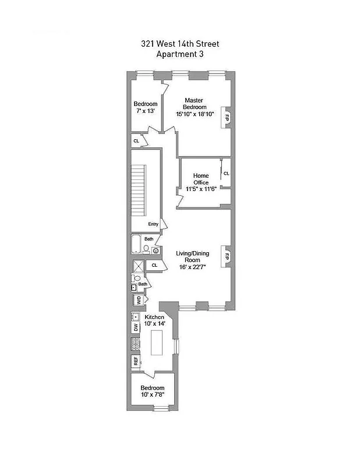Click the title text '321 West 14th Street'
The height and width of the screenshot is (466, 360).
(179, 44)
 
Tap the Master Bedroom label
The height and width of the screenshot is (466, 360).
(195, 103)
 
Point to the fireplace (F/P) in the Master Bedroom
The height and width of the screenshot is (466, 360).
(227, 117)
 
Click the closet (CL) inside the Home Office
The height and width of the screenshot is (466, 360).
(226, 173)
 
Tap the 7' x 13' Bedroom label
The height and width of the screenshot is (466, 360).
(146, 111)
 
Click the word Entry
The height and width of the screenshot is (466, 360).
(153, 224)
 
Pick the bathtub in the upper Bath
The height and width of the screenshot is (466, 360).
(136, 244)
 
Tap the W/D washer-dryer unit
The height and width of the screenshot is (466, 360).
(139, 300)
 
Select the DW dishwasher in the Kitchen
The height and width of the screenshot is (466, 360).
(136, 328)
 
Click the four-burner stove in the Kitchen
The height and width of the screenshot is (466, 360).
(136, 344)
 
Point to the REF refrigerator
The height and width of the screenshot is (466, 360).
(136, 361)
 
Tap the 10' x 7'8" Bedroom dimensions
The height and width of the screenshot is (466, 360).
(153, 395)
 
